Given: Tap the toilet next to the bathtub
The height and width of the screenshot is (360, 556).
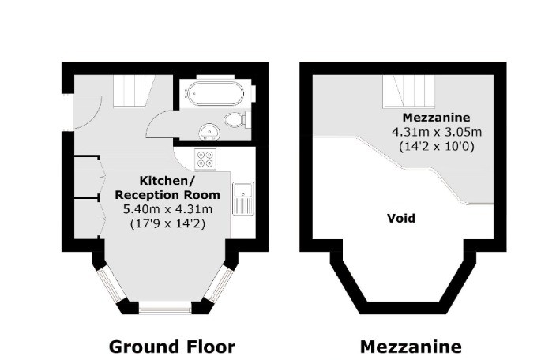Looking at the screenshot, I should point(234,120).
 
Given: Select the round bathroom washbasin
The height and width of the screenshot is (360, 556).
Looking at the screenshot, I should point(210,131).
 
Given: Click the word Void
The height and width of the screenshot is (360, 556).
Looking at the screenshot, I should point(400,218).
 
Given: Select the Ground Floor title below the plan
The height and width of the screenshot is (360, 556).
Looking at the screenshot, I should point(171,346).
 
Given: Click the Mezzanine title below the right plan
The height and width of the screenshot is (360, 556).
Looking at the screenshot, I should point(411,346).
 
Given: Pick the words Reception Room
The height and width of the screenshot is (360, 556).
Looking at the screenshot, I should point(173,194).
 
